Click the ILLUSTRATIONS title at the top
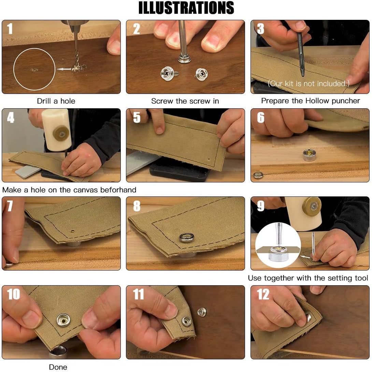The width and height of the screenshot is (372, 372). [186, 8]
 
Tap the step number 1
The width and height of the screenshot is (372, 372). [10, 29]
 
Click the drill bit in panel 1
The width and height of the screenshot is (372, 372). [76, 50]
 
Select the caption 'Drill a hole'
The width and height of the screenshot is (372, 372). [56, 101]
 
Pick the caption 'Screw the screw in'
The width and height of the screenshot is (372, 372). [185, 101]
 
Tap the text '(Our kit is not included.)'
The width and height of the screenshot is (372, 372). [309, 84]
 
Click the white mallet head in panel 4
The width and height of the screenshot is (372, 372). [57, 129]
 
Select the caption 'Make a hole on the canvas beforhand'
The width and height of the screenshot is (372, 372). [69, 190]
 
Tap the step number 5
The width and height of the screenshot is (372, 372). [137, 118]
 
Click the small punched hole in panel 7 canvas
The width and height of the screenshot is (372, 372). [73, 231]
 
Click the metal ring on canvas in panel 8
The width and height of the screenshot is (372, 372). [187, 237]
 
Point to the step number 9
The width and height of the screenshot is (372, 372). [261, 206]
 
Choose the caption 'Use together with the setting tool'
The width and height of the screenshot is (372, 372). [308, 278]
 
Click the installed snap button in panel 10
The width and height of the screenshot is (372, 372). [63, 320]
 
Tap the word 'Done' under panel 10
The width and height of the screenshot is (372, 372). [58, 367]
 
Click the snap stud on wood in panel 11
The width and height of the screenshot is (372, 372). [202, 312]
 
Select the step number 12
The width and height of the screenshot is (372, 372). [263, 294]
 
